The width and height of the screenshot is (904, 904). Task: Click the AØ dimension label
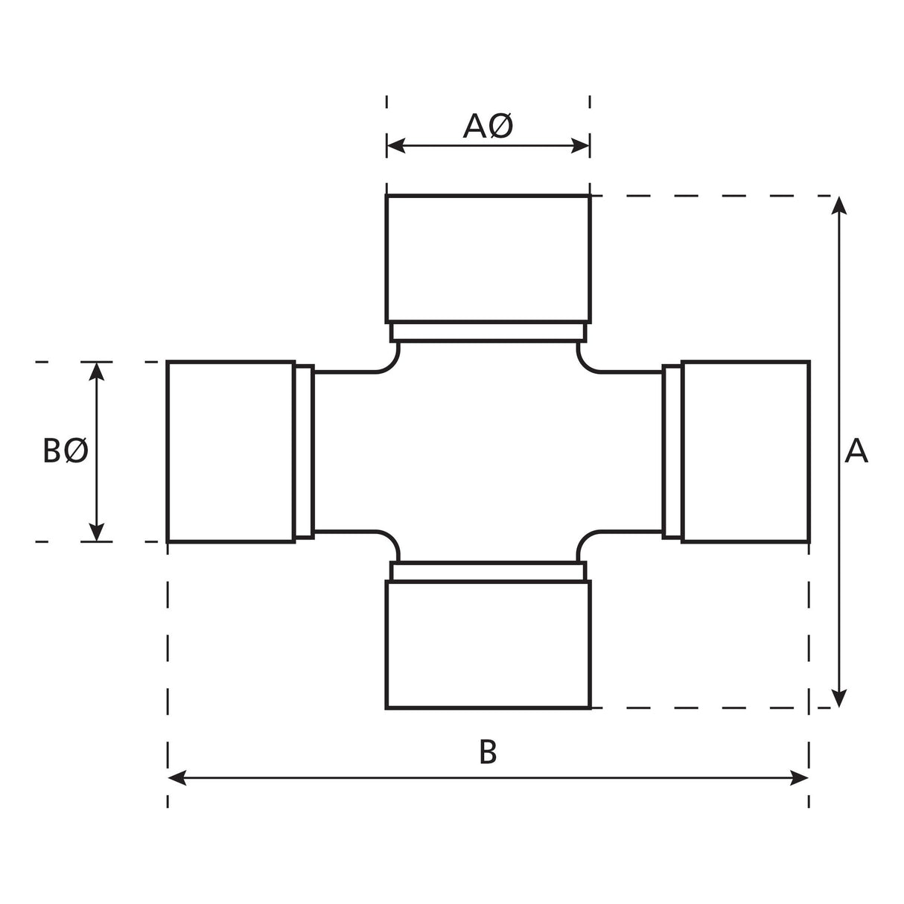coord(488,127)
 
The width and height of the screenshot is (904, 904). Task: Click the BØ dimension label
coord(66,451)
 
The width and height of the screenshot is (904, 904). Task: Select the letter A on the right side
coord(856,451)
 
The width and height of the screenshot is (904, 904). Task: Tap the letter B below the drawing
coord(488,752)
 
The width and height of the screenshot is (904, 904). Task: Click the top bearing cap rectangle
coord(488,258)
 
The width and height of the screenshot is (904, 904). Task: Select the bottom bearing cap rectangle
coord(488,644)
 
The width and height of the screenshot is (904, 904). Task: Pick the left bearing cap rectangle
coord(231,451)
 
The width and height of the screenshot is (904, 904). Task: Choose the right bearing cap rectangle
coord(745,451)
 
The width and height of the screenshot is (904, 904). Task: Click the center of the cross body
coord(488,451)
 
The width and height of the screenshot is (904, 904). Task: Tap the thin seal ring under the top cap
coord(488,332)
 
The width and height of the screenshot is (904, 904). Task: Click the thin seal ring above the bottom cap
coord(488,571)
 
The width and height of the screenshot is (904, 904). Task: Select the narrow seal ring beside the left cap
coord(305,451)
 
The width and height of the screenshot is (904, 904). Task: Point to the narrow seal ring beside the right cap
coord(672,451)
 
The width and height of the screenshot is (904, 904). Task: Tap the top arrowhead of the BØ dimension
coord(97,371)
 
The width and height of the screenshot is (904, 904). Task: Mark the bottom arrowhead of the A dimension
coord(839,698)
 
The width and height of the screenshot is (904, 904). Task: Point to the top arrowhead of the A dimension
coord(839,206)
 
